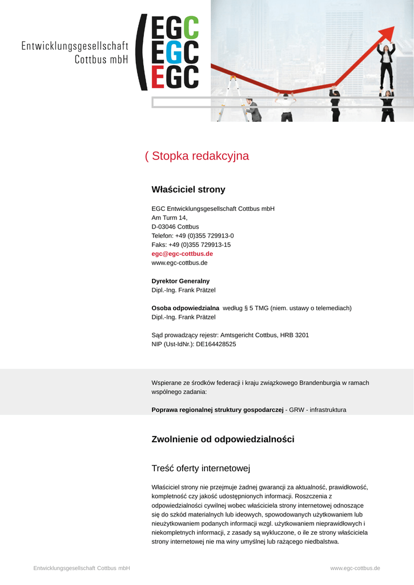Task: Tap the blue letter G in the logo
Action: (x=175, y=52)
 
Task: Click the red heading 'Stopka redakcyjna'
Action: (x=200, y=156)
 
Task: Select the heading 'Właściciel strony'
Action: (x=188, y=190)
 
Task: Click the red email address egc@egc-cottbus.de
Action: (x=182, y=254)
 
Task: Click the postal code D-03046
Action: (x=163, y=227)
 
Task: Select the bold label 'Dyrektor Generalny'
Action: (x=180, y=281)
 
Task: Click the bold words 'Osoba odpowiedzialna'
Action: (x=185, y=308)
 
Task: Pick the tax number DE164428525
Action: (x=216, y=344)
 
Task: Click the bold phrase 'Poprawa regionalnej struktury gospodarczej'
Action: (x=218, y=410)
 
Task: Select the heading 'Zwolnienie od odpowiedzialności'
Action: (x=223, y=439)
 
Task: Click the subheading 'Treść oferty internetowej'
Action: (x=201, y=468)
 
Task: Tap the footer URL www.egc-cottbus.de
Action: (x=355, y=568)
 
